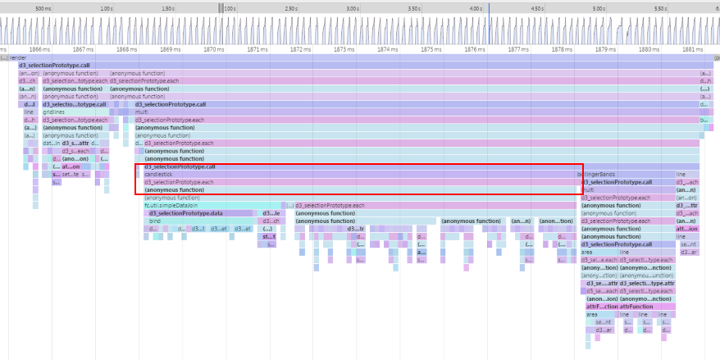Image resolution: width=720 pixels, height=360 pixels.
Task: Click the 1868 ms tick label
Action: [126, 49]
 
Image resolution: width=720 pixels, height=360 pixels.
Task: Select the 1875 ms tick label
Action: [430, 49]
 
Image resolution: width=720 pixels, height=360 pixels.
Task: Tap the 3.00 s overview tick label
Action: [352, 8]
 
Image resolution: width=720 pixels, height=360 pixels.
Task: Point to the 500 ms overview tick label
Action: [43, 8]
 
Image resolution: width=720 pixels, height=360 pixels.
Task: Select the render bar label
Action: [17, 58]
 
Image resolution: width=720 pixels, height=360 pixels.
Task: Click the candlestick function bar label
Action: [158, 174]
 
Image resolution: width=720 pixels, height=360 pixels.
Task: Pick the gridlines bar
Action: [54, 112]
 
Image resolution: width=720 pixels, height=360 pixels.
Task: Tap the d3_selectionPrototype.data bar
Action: [186, 213]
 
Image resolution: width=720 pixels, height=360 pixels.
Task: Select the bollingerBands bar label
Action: [597, 174]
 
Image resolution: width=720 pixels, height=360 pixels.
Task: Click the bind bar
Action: [155, 221]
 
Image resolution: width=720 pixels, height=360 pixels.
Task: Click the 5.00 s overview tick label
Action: [598, 8]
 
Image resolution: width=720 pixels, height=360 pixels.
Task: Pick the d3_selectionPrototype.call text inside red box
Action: [180, 166]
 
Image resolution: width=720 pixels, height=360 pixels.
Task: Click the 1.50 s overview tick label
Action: [167, 8]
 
